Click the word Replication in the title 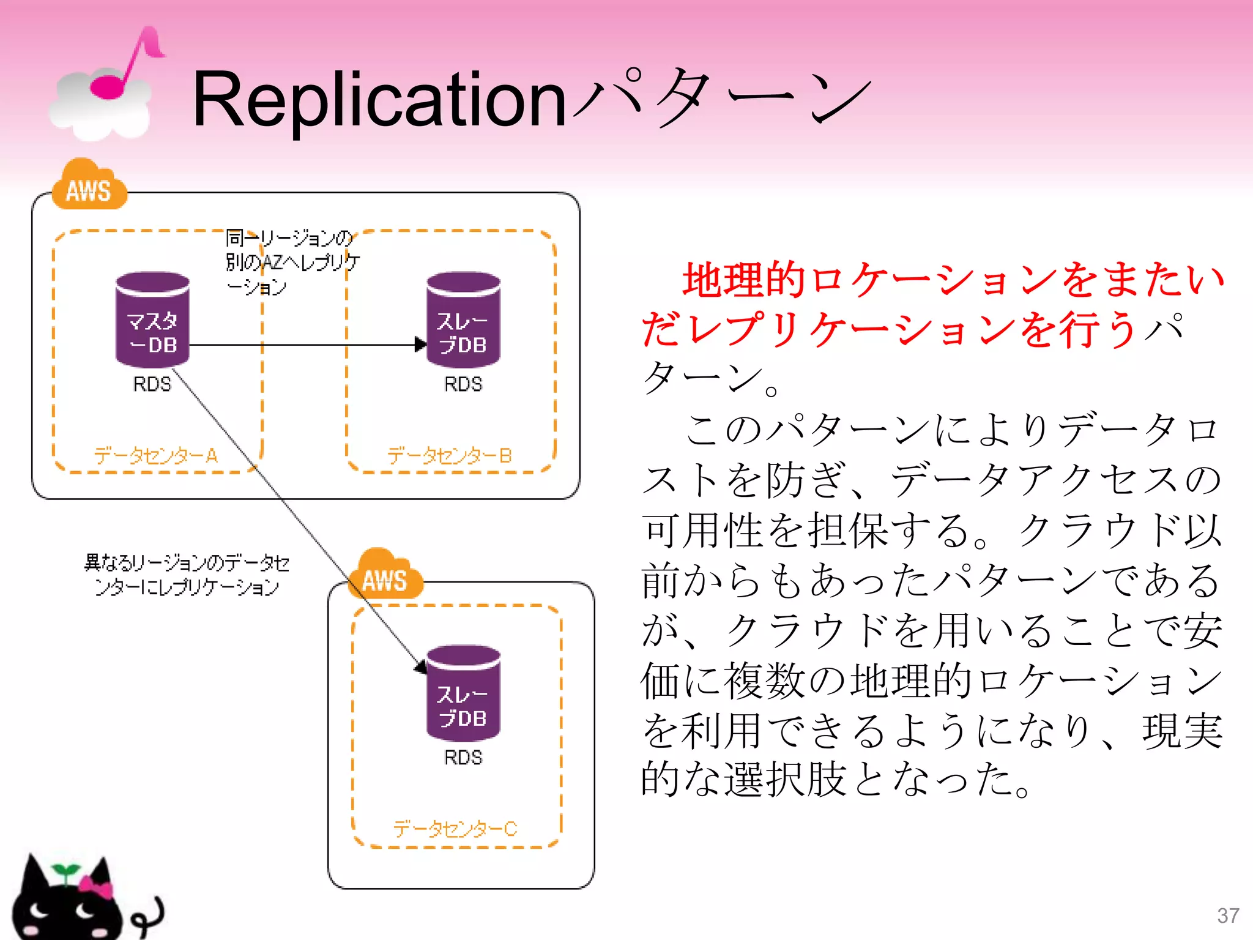pyautogui.click(x=379, y=99)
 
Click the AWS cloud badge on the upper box pyautogui.click(x=89, y=187)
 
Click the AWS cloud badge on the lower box pyautogui.click(x=385, y=576)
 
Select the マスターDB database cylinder pyautogui.click(x=152, y=321)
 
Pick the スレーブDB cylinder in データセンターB pyautogui.click(x=463, y=321)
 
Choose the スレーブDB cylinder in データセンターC pyautogui.click(x=463, y=693)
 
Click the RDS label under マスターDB pyautogui.click(x=152, y=384)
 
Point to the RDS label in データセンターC pyautogui.click(x=463, y=758)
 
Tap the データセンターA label pyautogui.click(x=155, y=456)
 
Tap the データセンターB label pyautogui.click(x=449, y=456)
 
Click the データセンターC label pyautogui.click(x=455, y=829)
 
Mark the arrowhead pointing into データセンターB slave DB pyautogui.click(x=420, y=345)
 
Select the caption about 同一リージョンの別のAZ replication pyautogui.click(x=292, y=262)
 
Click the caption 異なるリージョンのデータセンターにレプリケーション pyautogui.click(x=187, y=575)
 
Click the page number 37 pyautogui.click(x=1228, y=916)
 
